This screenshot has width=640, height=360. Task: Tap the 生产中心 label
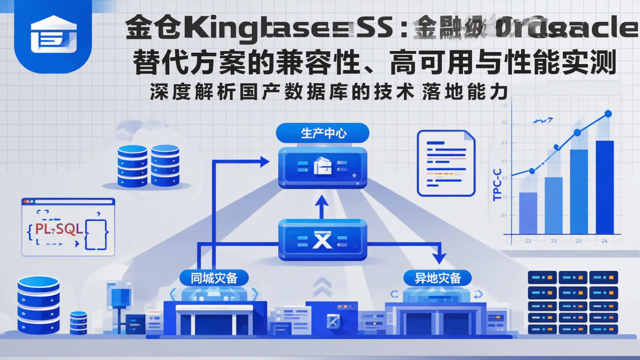pos(323,133)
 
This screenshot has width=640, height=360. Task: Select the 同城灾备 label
pos(214,278)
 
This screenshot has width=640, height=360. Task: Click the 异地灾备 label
pos(438,278)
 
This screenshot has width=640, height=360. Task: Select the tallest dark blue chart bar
pos(604,187)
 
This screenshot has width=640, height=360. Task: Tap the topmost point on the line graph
pos(608,114)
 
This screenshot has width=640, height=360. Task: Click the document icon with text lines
pos(446,163)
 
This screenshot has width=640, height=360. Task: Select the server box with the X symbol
pos(323,240)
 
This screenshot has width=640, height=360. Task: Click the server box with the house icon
pos(323,167)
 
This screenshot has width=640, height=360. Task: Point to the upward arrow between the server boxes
pos(322,207)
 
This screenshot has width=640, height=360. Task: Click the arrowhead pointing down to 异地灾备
pos(439,258)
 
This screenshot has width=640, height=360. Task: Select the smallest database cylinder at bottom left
pos(78,323)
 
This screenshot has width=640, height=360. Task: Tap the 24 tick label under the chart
pos(604,241)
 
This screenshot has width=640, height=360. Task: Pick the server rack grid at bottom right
pos(572,302)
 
